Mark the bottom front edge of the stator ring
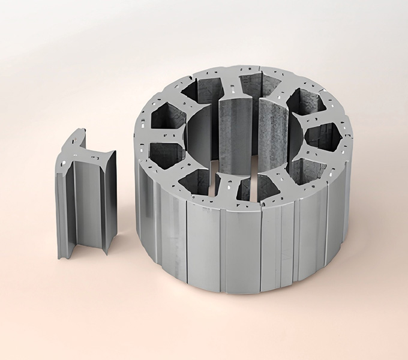tap(240, 292)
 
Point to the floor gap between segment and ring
tap(126, 252)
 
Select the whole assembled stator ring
tap(246, 180)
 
